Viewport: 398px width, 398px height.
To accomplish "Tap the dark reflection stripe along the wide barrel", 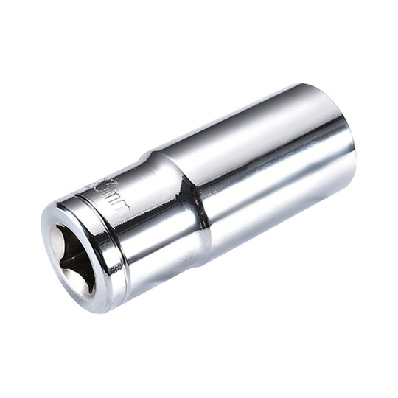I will tap(280, 184).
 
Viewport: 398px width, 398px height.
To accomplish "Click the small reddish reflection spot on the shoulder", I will tap(198, 198).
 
